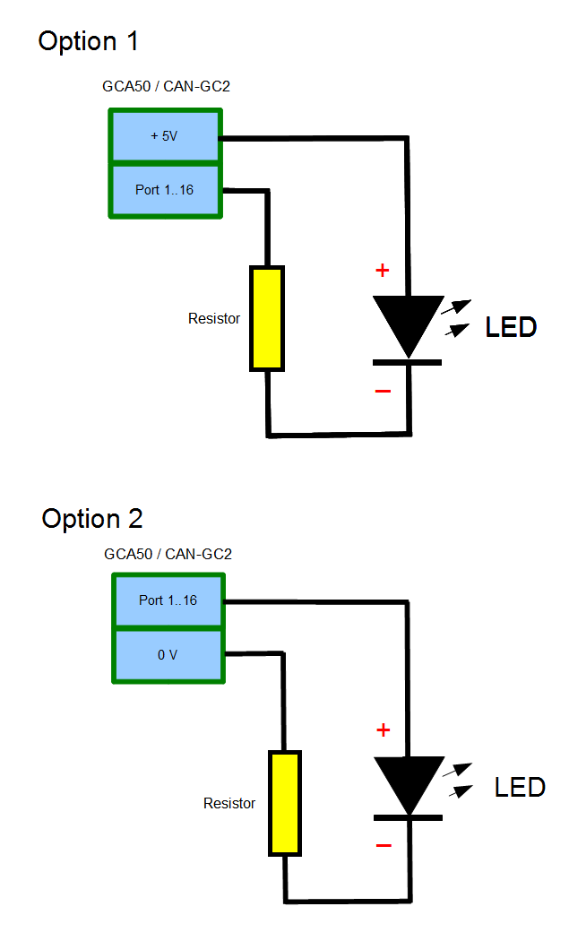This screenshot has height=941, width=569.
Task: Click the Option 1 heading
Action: point(89,41)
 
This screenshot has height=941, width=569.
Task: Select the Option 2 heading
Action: point(92,519)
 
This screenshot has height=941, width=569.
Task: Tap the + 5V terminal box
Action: point(165,136)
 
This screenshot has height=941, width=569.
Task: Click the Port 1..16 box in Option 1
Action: point(165,190)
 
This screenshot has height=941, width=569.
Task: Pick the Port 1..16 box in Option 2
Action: point(168,600)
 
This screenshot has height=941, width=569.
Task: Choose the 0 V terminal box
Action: point(168,655)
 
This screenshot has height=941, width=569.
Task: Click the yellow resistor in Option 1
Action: point(267,318)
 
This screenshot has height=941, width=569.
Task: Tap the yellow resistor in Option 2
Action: point(285,804)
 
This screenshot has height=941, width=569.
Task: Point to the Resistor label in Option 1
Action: point(214,318)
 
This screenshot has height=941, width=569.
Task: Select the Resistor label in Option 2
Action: point(229,804)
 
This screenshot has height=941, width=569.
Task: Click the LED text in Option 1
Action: point(511,327)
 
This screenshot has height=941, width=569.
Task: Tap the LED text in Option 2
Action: point(520,788)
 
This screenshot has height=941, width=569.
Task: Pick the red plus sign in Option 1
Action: point(383,270)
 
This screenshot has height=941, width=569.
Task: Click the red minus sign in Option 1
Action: point(383,391)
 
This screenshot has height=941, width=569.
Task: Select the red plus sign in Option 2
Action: point(384,730)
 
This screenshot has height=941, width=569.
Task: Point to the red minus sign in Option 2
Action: point(384,845)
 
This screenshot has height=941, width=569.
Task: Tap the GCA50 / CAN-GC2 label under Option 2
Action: point(168,555)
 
